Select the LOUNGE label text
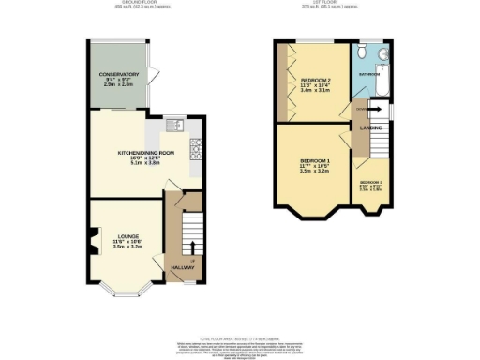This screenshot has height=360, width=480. [x=127, y=235]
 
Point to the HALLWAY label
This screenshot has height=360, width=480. [x=183, y=268]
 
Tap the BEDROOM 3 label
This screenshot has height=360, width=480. [x=372, y=182]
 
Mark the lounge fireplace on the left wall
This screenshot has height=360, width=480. [x=94, y=242]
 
